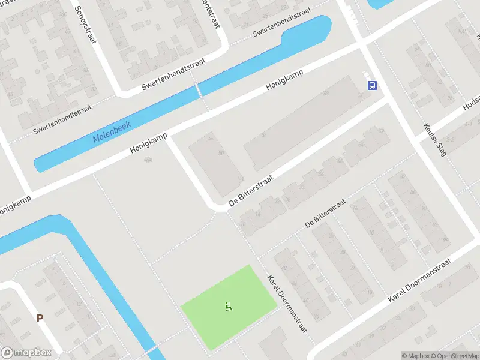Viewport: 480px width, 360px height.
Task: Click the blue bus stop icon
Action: point(372,85)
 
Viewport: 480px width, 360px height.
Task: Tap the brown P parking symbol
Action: point(40,319)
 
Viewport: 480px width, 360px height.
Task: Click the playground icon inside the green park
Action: point(228,307)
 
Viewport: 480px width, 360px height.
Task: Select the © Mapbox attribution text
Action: point(417,356)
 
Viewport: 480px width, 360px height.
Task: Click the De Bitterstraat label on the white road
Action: point(250,192)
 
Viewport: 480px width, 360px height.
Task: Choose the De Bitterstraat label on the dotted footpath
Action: point(325,214)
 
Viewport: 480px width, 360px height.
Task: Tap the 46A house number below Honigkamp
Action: point(147,160)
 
